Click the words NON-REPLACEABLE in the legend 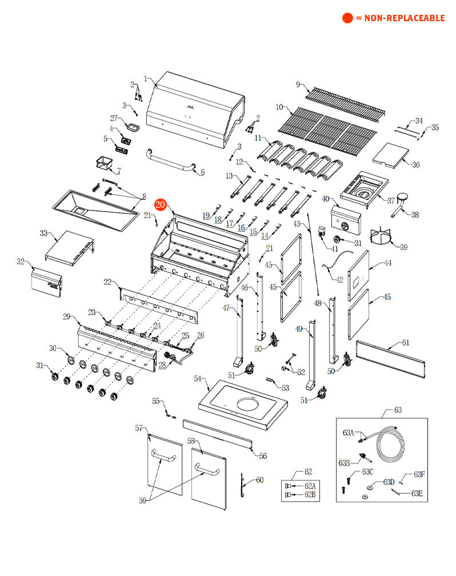point(400,18)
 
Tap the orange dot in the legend point(347,18)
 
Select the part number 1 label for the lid point(146,78)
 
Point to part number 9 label point(298,85)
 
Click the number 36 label point(415,165)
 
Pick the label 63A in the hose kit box point(348,432)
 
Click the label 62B point(310,494)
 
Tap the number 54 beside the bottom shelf point(198,379)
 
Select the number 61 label point(405,343)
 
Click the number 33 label point(44,233)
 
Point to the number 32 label point(21,262)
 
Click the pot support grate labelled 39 point(382,239)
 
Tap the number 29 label point(67,317)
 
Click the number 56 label point(263,456)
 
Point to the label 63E point(416,494)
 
